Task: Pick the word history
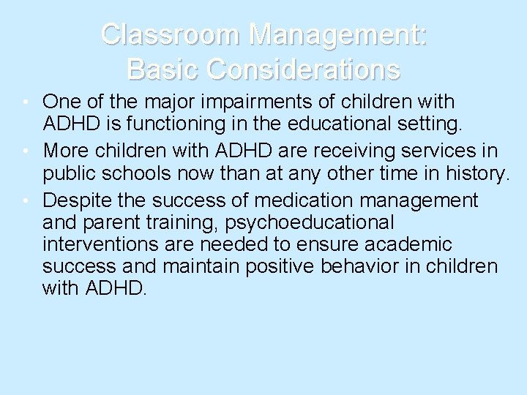(474, 175)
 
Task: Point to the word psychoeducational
(302, 222)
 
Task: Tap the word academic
(409, 244)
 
